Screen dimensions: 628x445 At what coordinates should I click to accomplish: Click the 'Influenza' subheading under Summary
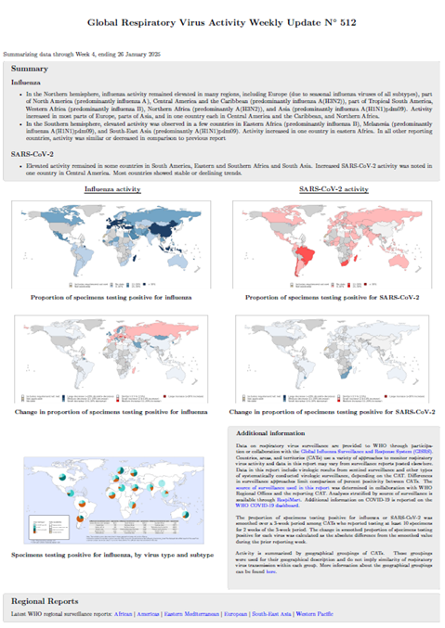26,82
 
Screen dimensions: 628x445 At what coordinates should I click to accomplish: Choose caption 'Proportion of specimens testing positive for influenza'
112,298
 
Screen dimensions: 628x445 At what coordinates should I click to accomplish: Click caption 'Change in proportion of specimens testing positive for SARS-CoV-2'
332,409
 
